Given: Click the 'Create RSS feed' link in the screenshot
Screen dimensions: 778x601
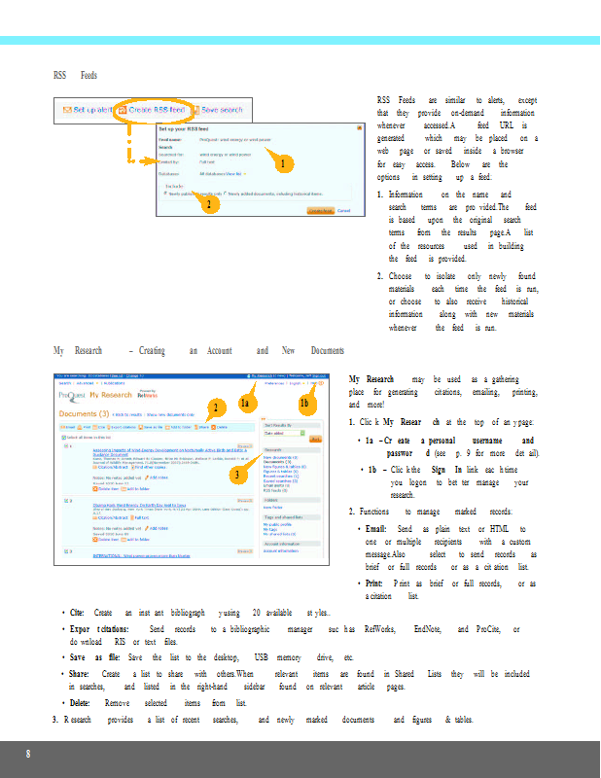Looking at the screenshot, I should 154,110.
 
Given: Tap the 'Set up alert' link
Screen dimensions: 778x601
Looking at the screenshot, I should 88,110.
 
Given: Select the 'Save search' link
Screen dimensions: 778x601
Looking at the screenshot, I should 222,110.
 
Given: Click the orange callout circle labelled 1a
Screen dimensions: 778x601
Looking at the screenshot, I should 247,403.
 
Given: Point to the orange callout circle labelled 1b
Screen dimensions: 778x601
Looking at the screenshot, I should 304,403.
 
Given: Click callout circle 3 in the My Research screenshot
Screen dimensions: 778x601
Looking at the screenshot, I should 236,475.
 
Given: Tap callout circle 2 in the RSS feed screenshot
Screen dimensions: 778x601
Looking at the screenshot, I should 206,204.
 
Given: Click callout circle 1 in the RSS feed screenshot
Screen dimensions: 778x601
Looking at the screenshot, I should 281,165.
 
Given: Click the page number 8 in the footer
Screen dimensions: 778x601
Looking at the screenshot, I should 28,755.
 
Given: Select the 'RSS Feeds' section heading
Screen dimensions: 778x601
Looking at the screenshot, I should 75,75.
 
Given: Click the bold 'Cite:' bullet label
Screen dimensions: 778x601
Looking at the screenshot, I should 77,614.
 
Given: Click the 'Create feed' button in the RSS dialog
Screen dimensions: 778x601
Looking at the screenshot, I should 320,210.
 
